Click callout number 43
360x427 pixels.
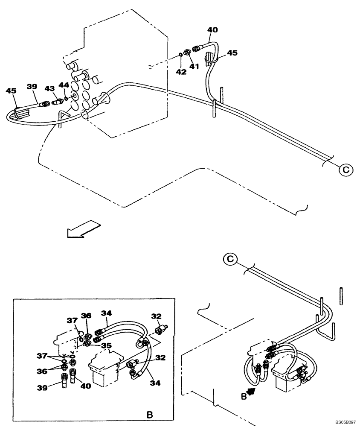(49, 88)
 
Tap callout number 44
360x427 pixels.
(64, 85)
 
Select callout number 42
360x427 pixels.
(181, 72)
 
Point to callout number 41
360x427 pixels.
(195, 66)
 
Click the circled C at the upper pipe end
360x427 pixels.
(346, 170)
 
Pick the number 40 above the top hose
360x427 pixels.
(212, 30)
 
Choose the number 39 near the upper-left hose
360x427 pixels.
(32, 86)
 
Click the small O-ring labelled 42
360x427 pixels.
(181, 54)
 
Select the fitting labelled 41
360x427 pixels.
(187, 52)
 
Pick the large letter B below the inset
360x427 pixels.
(149, 414)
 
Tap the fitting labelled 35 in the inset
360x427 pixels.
(87, 343)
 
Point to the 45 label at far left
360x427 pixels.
(11, 91)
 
